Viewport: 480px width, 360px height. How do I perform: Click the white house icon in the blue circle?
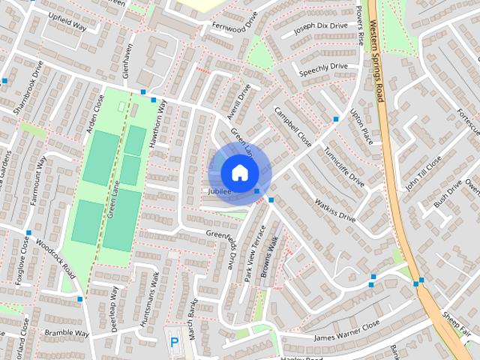point(238,172)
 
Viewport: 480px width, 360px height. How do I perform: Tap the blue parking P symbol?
point(175,342)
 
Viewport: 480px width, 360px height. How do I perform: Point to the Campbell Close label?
point(292,125)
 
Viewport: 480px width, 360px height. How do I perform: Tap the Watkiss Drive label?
point(334,209)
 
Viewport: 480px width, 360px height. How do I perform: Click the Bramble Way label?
point(67,333)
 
